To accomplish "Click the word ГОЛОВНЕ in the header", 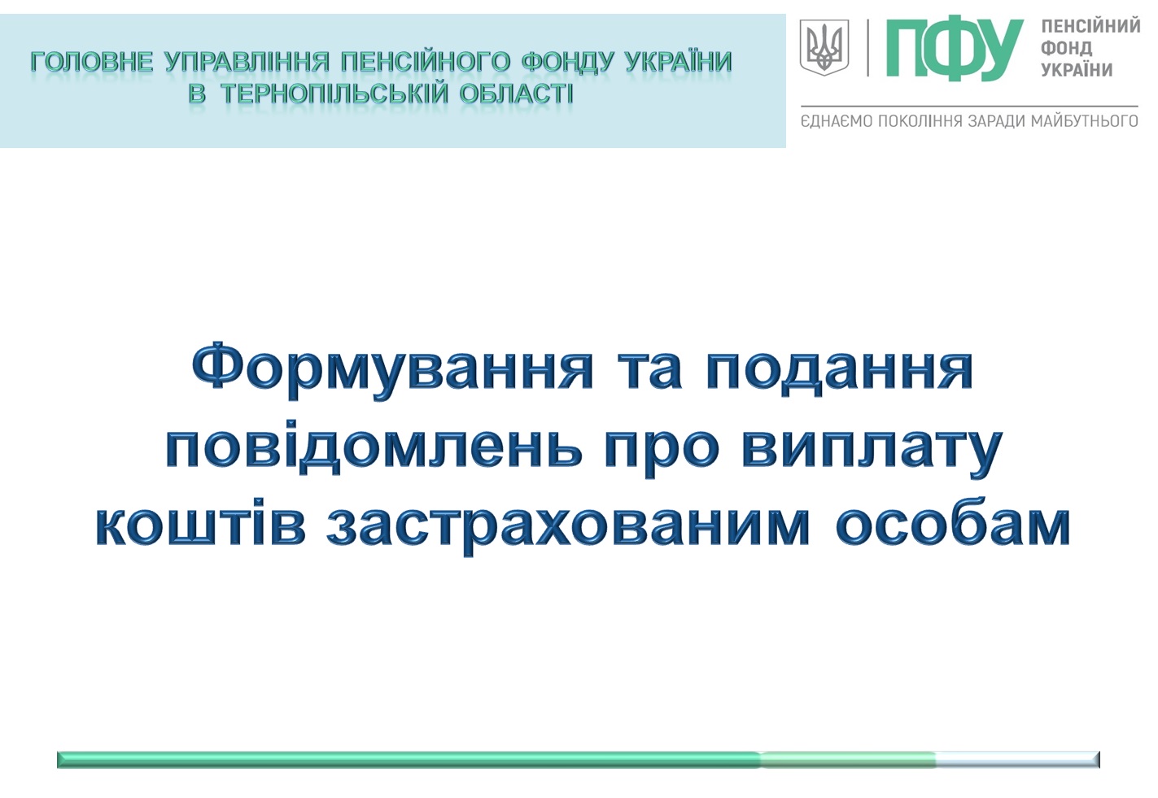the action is [x=92, y=62].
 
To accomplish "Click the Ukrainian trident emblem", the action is [x=824, y=47].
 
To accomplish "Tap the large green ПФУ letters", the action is [x=955, y=50].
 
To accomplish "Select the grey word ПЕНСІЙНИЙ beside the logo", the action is [x=1090, y=26].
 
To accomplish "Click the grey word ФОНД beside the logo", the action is [x=1067, y=48].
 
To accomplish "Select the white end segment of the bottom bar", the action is [x=1017, y=759].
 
